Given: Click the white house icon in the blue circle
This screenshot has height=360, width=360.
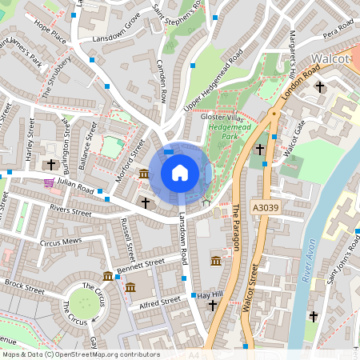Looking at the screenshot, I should coord(180,172).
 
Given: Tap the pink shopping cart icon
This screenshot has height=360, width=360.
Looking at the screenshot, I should coord(50,183).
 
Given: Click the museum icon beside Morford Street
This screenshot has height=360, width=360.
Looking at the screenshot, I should coord(143,174).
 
